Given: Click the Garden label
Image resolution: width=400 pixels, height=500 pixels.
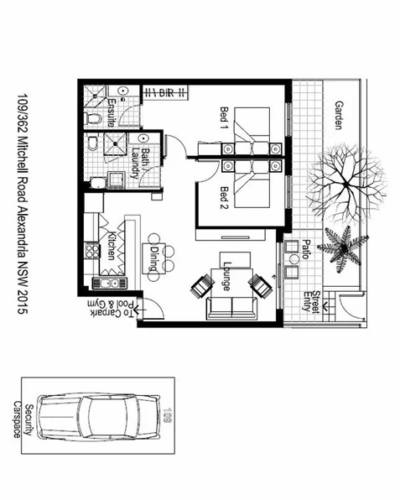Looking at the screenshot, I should [340, 116].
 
